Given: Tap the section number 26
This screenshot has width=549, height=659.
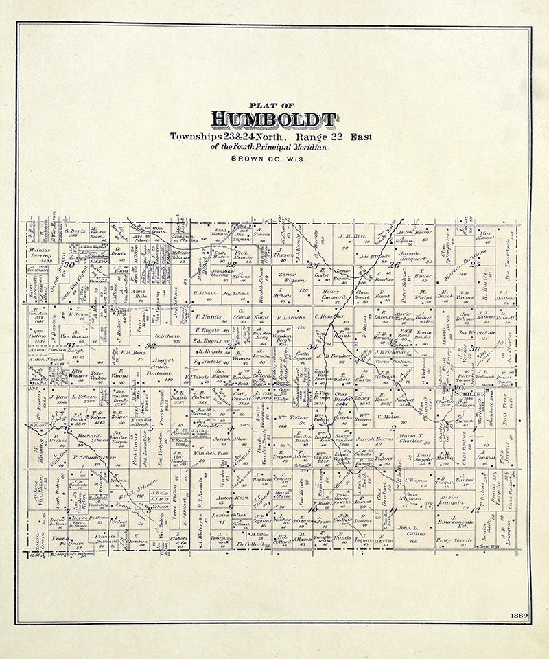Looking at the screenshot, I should click(394, 264).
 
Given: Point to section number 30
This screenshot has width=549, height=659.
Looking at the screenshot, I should click(69, 264).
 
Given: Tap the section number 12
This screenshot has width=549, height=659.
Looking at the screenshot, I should click(475, 510).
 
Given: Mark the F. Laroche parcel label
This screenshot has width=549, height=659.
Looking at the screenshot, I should click(290, 318).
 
